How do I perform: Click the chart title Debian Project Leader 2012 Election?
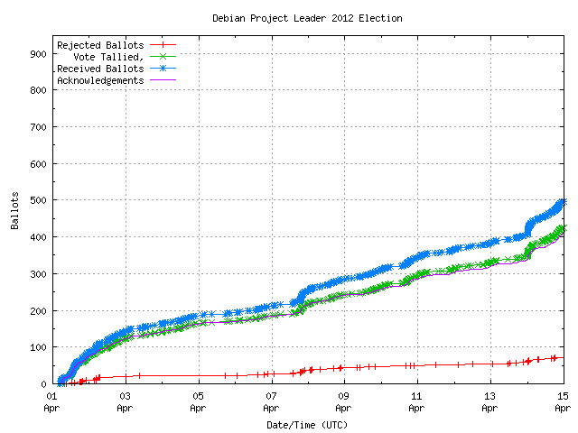[307, 18]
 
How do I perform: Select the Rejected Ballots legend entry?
[99, 44]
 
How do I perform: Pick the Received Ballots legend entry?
[99, 68]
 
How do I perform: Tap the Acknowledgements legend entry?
[99, 79]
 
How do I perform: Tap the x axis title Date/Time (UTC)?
[307, 424]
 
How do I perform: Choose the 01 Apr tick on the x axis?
[52, 401]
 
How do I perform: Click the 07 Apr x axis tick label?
[271, 401]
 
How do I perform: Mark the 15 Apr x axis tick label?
[562, 401]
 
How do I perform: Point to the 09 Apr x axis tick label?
[343, 401]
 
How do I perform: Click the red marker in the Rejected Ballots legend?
[163, 44]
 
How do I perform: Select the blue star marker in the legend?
[163, 68]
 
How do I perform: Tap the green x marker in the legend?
[163, 56]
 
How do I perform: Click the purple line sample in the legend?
[163, 79]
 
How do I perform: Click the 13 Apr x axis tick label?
[489, 401]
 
